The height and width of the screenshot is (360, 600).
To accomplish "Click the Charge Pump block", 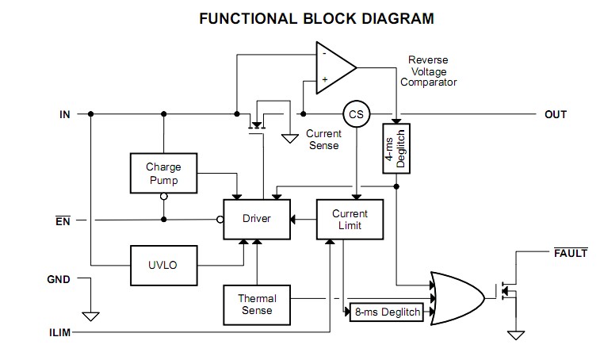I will click(x=163, y=174).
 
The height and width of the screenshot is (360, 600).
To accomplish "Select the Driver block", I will click(x=256, y=219).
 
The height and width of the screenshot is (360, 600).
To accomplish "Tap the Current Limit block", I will click(x=350, y=219).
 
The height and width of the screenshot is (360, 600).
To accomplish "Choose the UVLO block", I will click(x=162, y=265).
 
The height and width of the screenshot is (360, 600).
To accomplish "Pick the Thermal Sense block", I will click(x=257, y=304).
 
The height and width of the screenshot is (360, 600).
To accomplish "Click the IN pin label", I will click(x=65, y=114).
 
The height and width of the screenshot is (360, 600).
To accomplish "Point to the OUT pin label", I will click(x=556, y=114).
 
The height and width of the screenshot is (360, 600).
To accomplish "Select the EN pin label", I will click(x=63, y=220).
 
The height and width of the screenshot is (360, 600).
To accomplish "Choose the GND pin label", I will click(x=59, y=279).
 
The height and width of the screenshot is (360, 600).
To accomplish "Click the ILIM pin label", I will click(x=60, y=331).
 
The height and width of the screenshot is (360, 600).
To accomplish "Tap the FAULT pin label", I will click(x=571, y=254).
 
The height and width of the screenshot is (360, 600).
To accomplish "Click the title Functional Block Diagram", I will click(x=316, y=18).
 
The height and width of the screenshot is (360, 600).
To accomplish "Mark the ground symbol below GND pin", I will click(x=91, y=316).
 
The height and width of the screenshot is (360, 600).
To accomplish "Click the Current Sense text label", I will click(x=323, y=140).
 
